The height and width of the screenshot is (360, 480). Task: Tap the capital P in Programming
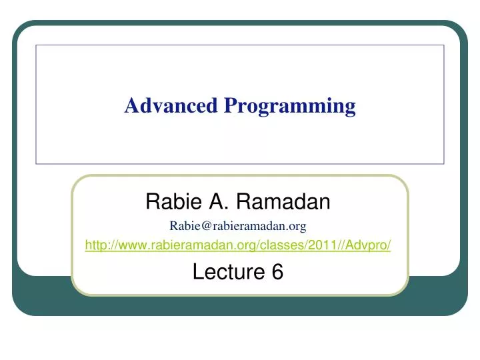[231, 106]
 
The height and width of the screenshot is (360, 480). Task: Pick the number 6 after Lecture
[278, 271]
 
